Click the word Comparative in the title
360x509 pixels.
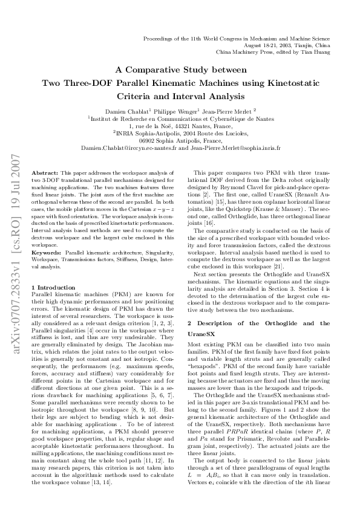tap(172, 69)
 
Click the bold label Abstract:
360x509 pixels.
tap(44, 172)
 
